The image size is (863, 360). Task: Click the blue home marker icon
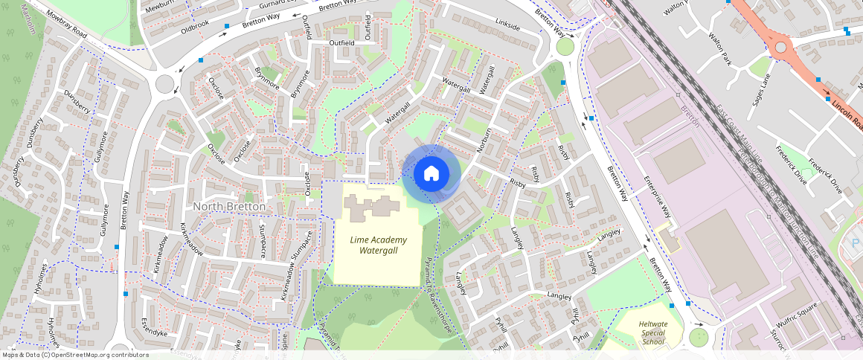[x=431, y=173]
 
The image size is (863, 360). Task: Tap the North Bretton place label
[x=228, y=206]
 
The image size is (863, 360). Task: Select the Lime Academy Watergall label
[x=379, y=245]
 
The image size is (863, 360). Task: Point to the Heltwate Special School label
[x=652, y=332]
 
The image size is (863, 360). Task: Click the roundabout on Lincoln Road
[x=780, y=48]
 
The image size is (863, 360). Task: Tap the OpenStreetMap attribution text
[x=74, y=355]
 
